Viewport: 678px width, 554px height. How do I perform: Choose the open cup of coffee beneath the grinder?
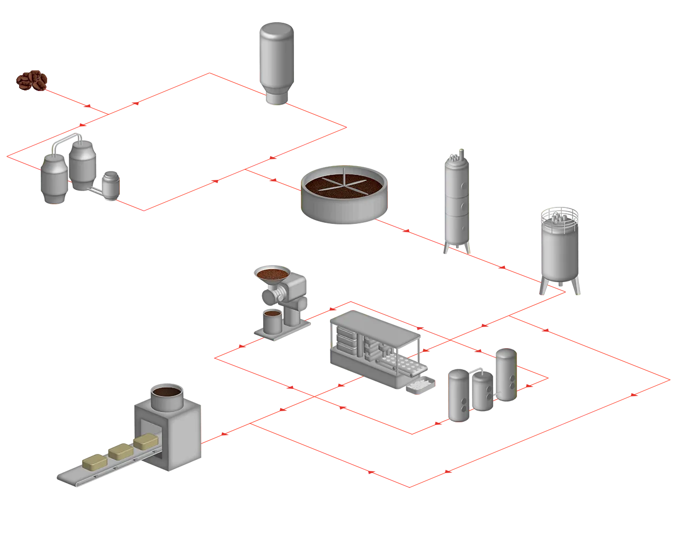pyautogui.click(x=273, y=321)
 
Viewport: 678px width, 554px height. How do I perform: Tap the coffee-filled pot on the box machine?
pyautogui.click(x=166, y=396)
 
